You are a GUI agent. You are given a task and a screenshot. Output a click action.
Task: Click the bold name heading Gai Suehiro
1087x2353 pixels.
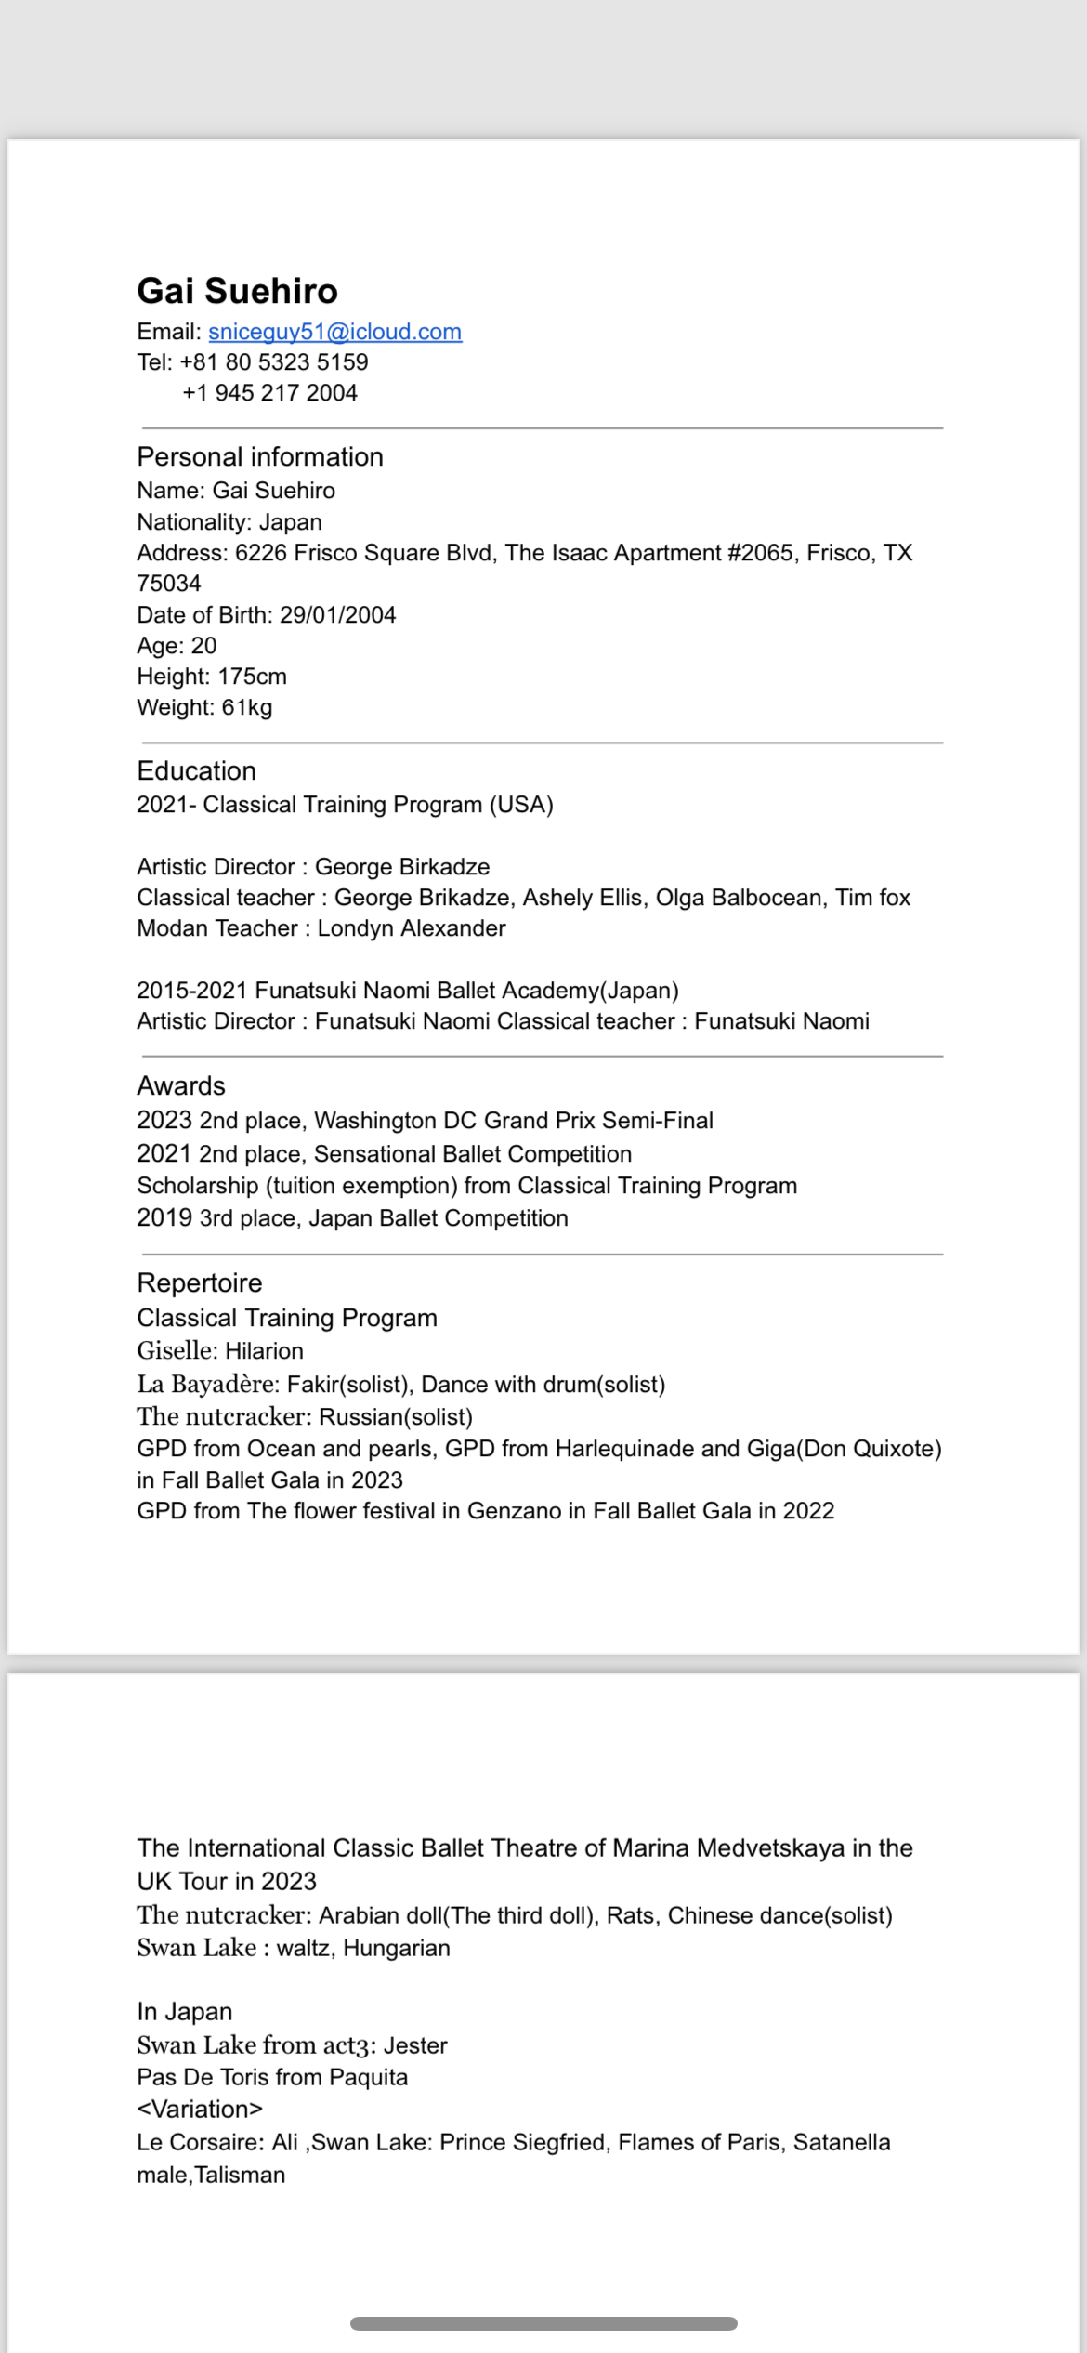[237, 291]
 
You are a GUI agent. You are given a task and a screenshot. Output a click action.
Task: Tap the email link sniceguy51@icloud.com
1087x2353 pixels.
[334, 332]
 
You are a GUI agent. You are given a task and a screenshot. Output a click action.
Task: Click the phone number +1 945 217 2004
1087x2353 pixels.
[269, 393]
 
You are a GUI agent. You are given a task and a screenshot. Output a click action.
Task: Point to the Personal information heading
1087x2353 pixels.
[260, 457]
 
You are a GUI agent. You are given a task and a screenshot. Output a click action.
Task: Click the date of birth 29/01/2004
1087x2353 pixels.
[337, 615]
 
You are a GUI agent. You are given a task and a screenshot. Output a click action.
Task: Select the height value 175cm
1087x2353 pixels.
[252, 677]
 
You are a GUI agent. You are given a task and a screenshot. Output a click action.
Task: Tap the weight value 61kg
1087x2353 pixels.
[246, 708]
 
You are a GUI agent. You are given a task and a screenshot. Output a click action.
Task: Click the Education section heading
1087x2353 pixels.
[196, 771]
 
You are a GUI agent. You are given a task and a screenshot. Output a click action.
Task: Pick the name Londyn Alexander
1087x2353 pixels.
[412, 928]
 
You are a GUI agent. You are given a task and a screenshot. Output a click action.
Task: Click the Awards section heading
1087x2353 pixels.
[181, 1086]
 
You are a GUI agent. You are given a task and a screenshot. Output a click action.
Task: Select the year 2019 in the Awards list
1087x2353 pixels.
[164, 1218]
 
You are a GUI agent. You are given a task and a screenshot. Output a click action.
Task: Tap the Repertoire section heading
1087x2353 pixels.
[200, 1283]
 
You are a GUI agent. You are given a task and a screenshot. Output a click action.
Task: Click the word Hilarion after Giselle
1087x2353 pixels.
[264, 1351]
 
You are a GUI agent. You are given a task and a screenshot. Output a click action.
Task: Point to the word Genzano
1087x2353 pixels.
[514, 1511]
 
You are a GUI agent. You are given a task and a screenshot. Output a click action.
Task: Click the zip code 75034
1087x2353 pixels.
[169, 584]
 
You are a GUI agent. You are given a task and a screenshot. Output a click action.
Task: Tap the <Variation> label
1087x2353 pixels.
[200, 2110]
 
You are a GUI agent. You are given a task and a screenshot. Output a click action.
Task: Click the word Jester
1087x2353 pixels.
[415, 2045]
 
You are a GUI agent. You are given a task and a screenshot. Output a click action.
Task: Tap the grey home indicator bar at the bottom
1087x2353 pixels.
[543, 2324]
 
